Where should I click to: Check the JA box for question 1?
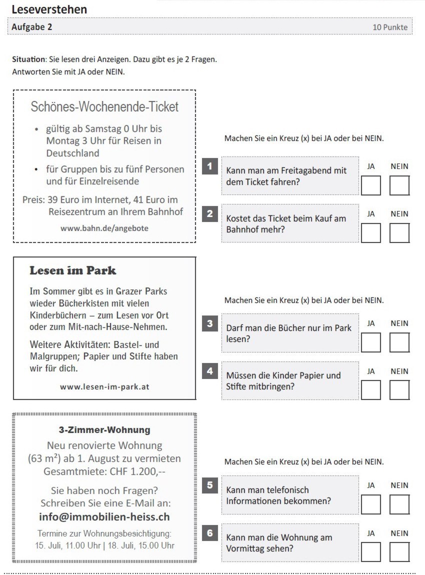(370, 185)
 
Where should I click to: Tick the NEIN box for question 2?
(399, 233)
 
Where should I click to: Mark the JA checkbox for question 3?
(370, 342)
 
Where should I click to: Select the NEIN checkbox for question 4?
(399, 390)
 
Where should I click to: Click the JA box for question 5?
(370, 504)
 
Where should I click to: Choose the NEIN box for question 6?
(399, 552)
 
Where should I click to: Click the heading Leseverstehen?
(49, 9)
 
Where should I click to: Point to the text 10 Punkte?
(390, 27)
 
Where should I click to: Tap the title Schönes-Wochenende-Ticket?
(104, 106)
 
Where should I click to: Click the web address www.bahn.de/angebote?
(104, 228)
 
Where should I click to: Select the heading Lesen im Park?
(73, 270)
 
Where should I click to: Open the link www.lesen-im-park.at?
(104, 386)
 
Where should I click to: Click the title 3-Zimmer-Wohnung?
(104, 430)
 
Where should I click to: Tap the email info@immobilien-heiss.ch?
(104, 516)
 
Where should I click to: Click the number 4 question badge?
(210, 371)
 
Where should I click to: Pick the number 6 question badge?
(210, 533)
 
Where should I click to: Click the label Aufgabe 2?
(32, 27)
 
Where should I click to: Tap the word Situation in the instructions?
(28, 59)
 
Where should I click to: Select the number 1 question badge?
(210, 166)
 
